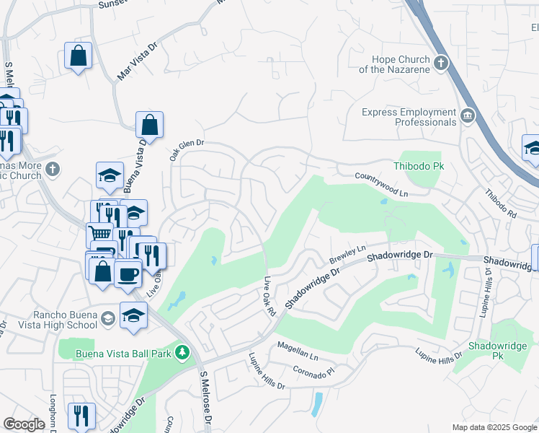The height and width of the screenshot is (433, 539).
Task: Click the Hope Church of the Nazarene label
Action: (x=401, y=64)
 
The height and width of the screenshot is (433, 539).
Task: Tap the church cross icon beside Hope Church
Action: (x=441, y=64)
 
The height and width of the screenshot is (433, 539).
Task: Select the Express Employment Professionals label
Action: (x=409, y=117)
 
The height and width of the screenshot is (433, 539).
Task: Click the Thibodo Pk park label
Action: (x=417, y=167)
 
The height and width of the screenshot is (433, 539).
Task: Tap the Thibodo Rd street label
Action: (x=501, y=204)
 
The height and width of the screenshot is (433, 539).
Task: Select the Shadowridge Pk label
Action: (x=496, y=351)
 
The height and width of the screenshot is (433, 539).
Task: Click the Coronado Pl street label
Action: (x=313, y=370)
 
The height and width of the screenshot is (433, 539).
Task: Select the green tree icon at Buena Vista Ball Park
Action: (x=183, y=351)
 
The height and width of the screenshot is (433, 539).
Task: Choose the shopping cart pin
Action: (x=99, y=234)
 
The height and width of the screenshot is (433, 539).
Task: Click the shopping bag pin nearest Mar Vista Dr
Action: (x=78, y=55)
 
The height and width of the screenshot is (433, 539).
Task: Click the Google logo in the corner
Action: (x=24, y=424)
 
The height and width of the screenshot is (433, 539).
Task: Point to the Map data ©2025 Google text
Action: (x=494, y=427)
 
